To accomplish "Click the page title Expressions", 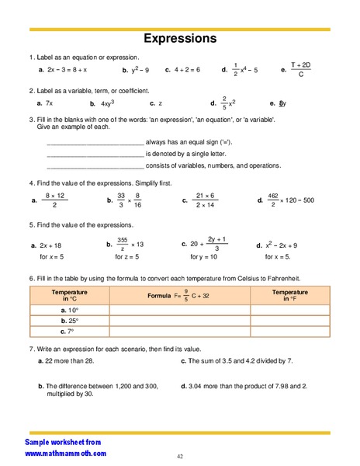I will [179, 38].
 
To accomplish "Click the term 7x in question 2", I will [49, 103].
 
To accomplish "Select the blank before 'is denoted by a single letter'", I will [95, 155].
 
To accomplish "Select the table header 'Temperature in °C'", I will [69, 296].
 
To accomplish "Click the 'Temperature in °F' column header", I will [289, 296].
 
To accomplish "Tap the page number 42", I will [179, 456].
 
